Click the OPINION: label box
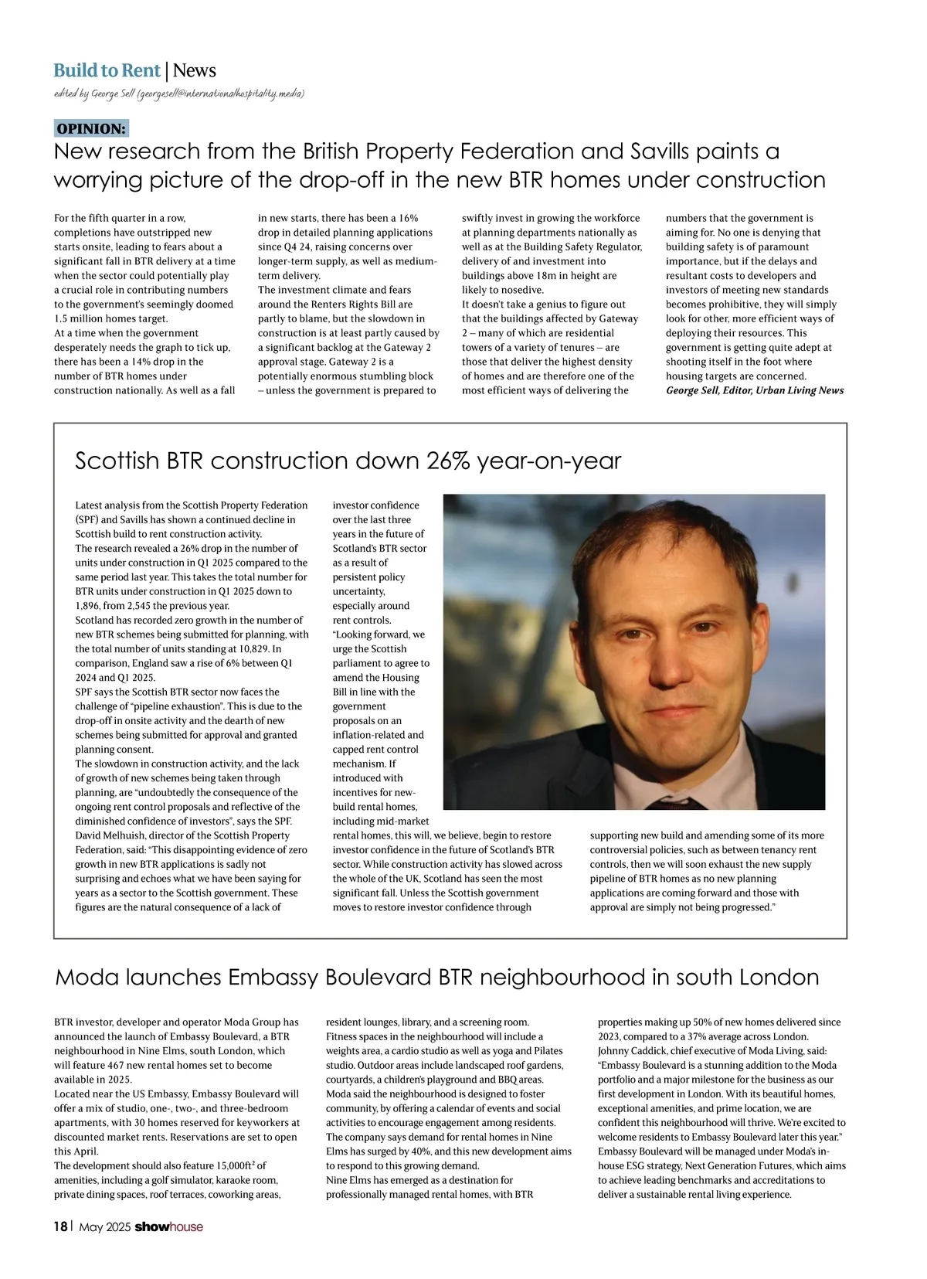pos(91,128)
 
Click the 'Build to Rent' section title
pos(107,71)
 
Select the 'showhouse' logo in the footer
pos(169,1226)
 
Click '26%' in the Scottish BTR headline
pos(447,461)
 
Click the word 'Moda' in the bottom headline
pos(86,978)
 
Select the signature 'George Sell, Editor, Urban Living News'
pos(755,391)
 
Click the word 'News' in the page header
pos(195,71)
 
